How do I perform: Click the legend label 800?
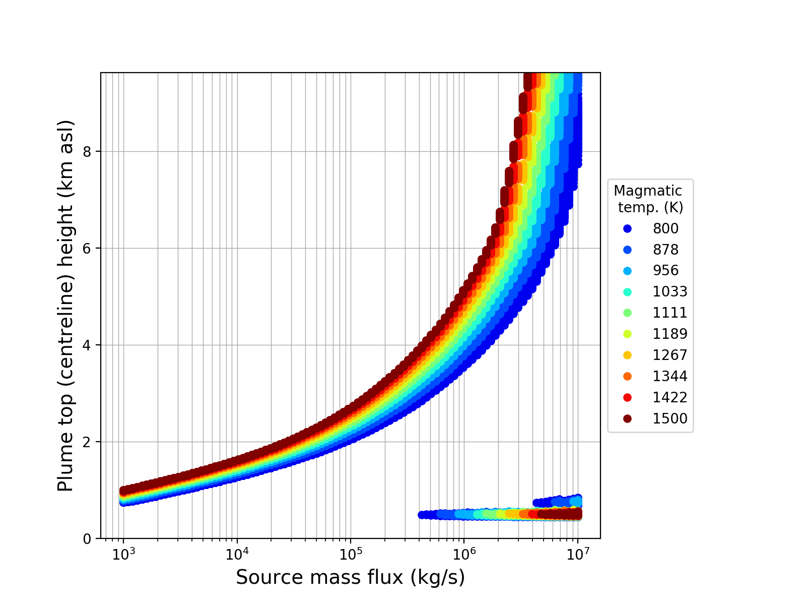tap(665, 228)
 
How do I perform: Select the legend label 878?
tap(665, 250)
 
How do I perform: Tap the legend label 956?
tap(665, 270)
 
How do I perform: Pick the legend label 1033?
tap(670, 291)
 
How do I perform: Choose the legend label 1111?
tap(670, 313)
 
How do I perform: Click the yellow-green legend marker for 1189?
tap(627, 334)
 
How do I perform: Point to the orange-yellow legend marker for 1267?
tap(627, 355)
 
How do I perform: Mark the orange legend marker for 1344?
tap(627, 376)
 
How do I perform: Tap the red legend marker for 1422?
tap(627, 397)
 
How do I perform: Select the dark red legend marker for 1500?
tap(627, 418)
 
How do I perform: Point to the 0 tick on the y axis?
tap(88, 539)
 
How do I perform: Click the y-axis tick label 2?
tap(88, 442)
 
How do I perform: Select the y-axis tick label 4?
tap(88, 345)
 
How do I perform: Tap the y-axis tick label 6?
tap(88, 249)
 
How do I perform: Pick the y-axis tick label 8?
tap(88, 152)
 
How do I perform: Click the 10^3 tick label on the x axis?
tap(123, 554)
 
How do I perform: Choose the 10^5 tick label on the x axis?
tap(351, 554)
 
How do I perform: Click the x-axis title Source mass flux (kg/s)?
tap(350, 578)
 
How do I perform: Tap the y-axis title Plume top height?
tap(65, 306)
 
